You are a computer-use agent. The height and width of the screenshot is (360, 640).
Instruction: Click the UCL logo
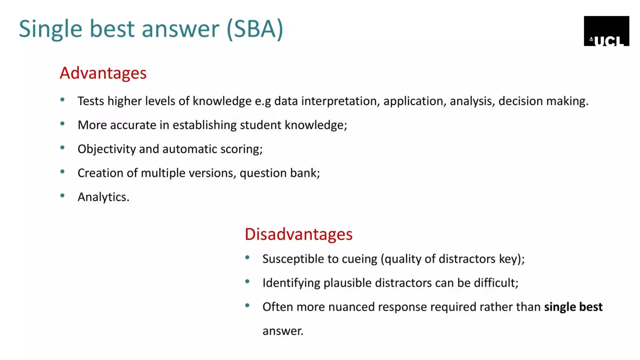606,31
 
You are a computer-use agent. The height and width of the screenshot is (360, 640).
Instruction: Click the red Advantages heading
103,73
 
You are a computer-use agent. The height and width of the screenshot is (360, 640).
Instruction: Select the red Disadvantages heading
298,234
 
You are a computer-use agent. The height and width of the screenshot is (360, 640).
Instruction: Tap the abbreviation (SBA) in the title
255,29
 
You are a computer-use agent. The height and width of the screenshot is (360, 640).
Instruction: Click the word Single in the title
50,29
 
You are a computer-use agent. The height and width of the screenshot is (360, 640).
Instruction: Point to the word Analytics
103,197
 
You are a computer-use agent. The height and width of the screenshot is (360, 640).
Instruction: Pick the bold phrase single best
573,307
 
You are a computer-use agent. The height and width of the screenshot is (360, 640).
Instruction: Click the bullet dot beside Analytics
62,196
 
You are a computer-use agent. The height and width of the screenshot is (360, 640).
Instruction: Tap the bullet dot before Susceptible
247,257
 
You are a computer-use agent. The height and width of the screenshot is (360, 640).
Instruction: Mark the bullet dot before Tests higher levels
62,100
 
